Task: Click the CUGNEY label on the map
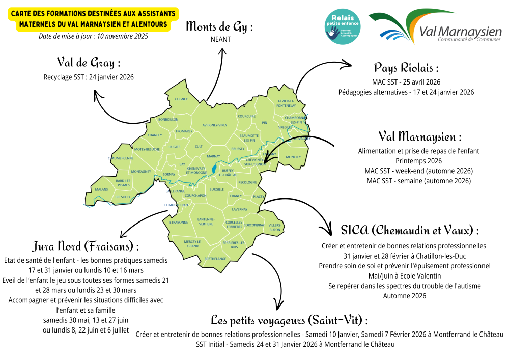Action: coord(181,99)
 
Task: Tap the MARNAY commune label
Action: coord(214,156)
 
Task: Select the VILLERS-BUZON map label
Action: coord(275,227)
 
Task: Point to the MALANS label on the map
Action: coord(102,189)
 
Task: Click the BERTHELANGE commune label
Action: coord(215,259)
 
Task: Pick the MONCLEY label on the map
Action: coord(294,157)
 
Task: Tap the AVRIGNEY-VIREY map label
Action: coord(215,125)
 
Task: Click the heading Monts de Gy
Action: coord(220,26)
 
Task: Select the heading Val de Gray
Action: coord(89,63)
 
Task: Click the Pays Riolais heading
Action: coord(406,68)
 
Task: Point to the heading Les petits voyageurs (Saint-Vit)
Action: coord(289,320)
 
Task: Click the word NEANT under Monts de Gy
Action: coord(220,39)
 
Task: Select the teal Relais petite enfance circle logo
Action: coord(342,26)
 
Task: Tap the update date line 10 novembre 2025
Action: coord(93,36)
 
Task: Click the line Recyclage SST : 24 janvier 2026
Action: coord(89,77)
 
